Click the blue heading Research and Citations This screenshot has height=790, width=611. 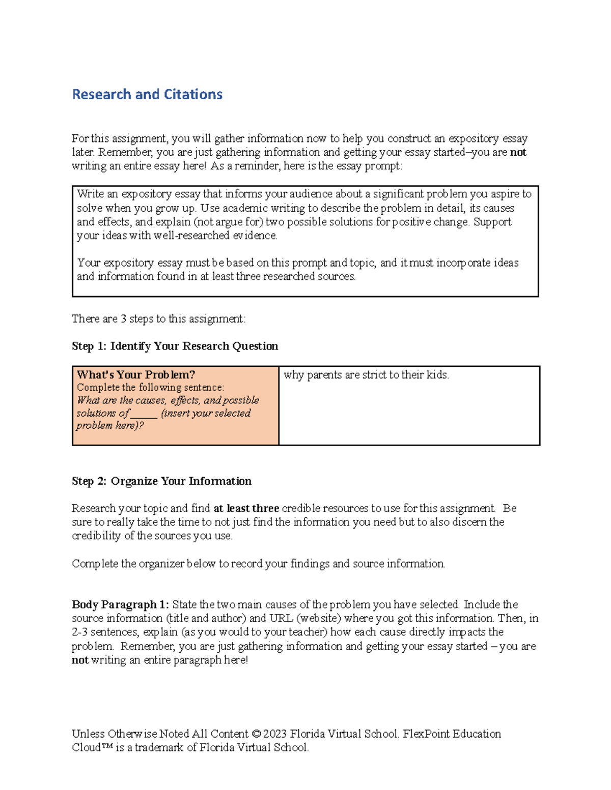[x=147, y=95]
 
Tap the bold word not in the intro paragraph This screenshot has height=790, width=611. [x=518, y=153]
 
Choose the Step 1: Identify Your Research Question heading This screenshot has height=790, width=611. [x=175, y=346]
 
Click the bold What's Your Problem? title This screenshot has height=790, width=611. [x=136, y=375]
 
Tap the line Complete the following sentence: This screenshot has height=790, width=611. [x=150, y=388]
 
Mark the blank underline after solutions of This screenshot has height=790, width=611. [x=144, y=414]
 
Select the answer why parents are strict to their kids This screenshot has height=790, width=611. [x=366, y=375]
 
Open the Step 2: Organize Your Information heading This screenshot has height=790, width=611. [x=161, y=481]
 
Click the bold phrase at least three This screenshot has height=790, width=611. [x=246, y=509]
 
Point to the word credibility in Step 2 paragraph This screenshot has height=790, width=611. [x=96, y=536]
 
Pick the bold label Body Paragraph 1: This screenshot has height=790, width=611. [x=120, y=605]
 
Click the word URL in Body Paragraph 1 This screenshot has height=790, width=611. [x=281, y=619]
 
